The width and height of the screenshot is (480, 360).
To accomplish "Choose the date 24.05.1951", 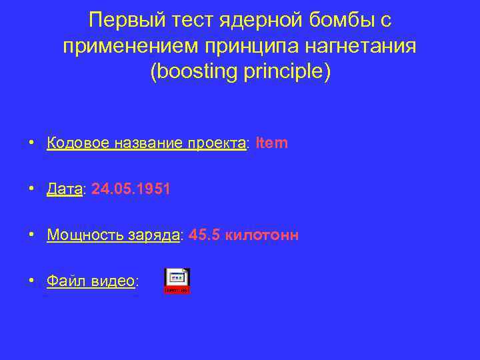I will [131, 189].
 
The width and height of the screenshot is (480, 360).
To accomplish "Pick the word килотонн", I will [263, 235].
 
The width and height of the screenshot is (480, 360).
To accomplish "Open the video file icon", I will [177, 281].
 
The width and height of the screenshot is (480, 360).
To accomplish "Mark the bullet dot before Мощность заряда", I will [31, 235].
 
